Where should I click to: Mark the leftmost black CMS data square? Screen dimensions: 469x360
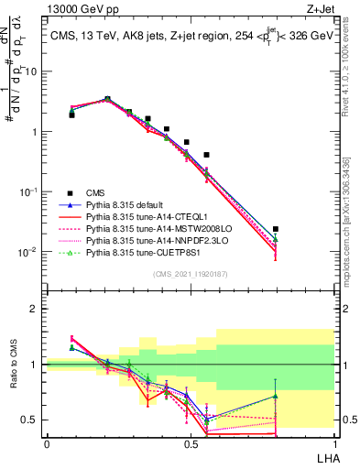pyautogui.click(x=71, y=115)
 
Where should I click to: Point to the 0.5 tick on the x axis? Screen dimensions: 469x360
pyautogui.click(x=191, y=442)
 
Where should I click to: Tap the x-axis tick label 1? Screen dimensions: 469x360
pyautogui.click(x=334, y=442)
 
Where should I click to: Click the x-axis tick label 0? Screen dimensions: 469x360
pyautogui.click(x=47, y=442)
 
